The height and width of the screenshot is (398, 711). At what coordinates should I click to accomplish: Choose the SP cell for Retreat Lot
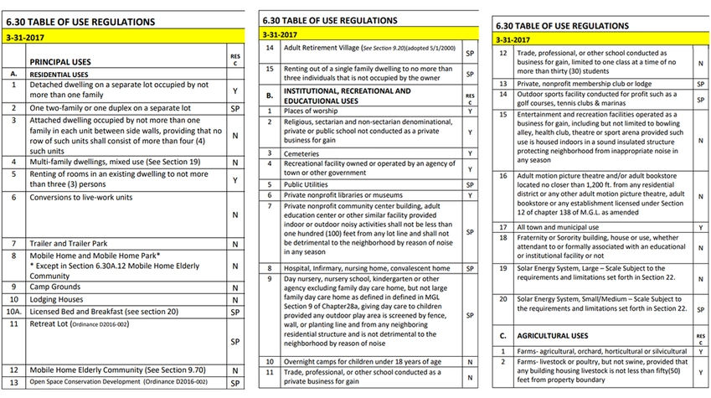point(234,342)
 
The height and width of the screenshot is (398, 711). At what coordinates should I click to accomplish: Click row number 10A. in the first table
point(13,311)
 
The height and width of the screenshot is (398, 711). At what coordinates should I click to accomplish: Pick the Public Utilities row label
point(311,183)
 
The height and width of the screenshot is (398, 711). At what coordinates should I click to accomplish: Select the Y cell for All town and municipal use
point(700,227)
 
